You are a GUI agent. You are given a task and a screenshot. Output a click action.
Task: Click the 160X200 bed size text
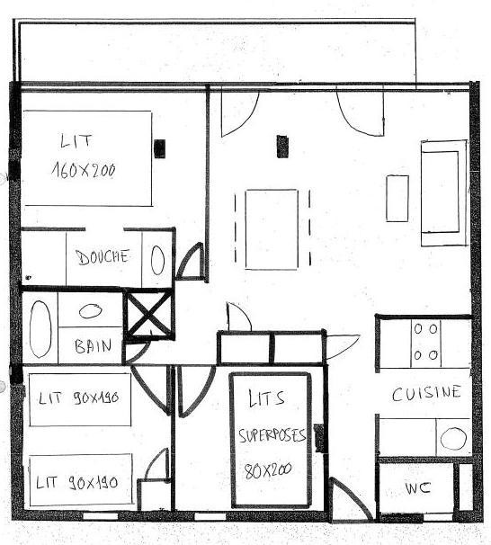(84, 170)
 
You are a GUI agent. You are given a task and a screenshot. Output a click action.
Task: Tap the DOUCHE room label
(103, 257)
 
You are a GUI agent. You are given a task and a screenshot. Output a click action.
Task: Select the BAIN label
(94, 346)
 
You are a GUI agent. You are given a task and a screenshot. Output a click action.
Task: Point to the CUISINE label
(426, 393)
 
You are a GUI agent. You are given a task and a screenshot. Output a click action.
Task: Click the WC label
(417, 488)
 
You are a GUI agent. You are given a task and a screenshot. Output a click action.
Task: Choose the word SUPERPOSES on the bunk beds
(272, 435)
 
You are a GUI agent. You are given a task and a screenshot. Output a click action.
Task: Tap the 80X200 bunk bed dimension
(268, 471)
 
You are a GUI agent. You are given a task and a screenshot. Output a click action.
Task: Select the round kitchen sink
(453, 438)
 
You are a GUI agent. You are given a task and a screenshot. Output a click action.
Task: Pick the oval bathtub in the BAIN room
(40, 329)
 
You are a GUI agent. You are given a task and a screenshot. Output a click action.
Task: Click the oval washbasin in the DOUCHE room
(157, 260)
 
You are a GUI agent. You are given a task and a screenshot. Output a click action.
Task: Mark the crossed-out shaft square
(149, 314)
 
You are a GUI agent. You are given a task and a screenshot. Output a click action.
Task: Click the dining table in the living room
(272, 229)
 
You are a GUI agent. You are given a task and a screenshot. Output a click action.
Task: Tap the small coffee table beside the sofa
(397, 199)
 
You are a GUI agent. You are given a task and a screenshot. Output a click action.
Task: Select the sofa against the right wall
(444, 193)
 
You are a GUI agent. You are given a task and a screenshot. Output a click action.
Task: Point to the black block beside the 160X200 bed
(160, 148)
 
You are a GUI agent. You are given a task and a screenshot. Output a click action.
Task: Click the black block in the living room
(282, 147)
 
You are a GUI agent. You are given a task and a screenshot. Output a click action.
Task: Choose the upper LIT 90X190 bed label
(79, 398)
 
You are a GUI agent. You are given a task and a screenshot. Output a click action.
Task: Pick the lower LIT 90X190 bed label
(77, 483)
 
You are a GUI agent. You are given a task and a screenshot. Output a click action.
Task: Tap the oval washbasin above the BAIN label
(90, 310)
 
